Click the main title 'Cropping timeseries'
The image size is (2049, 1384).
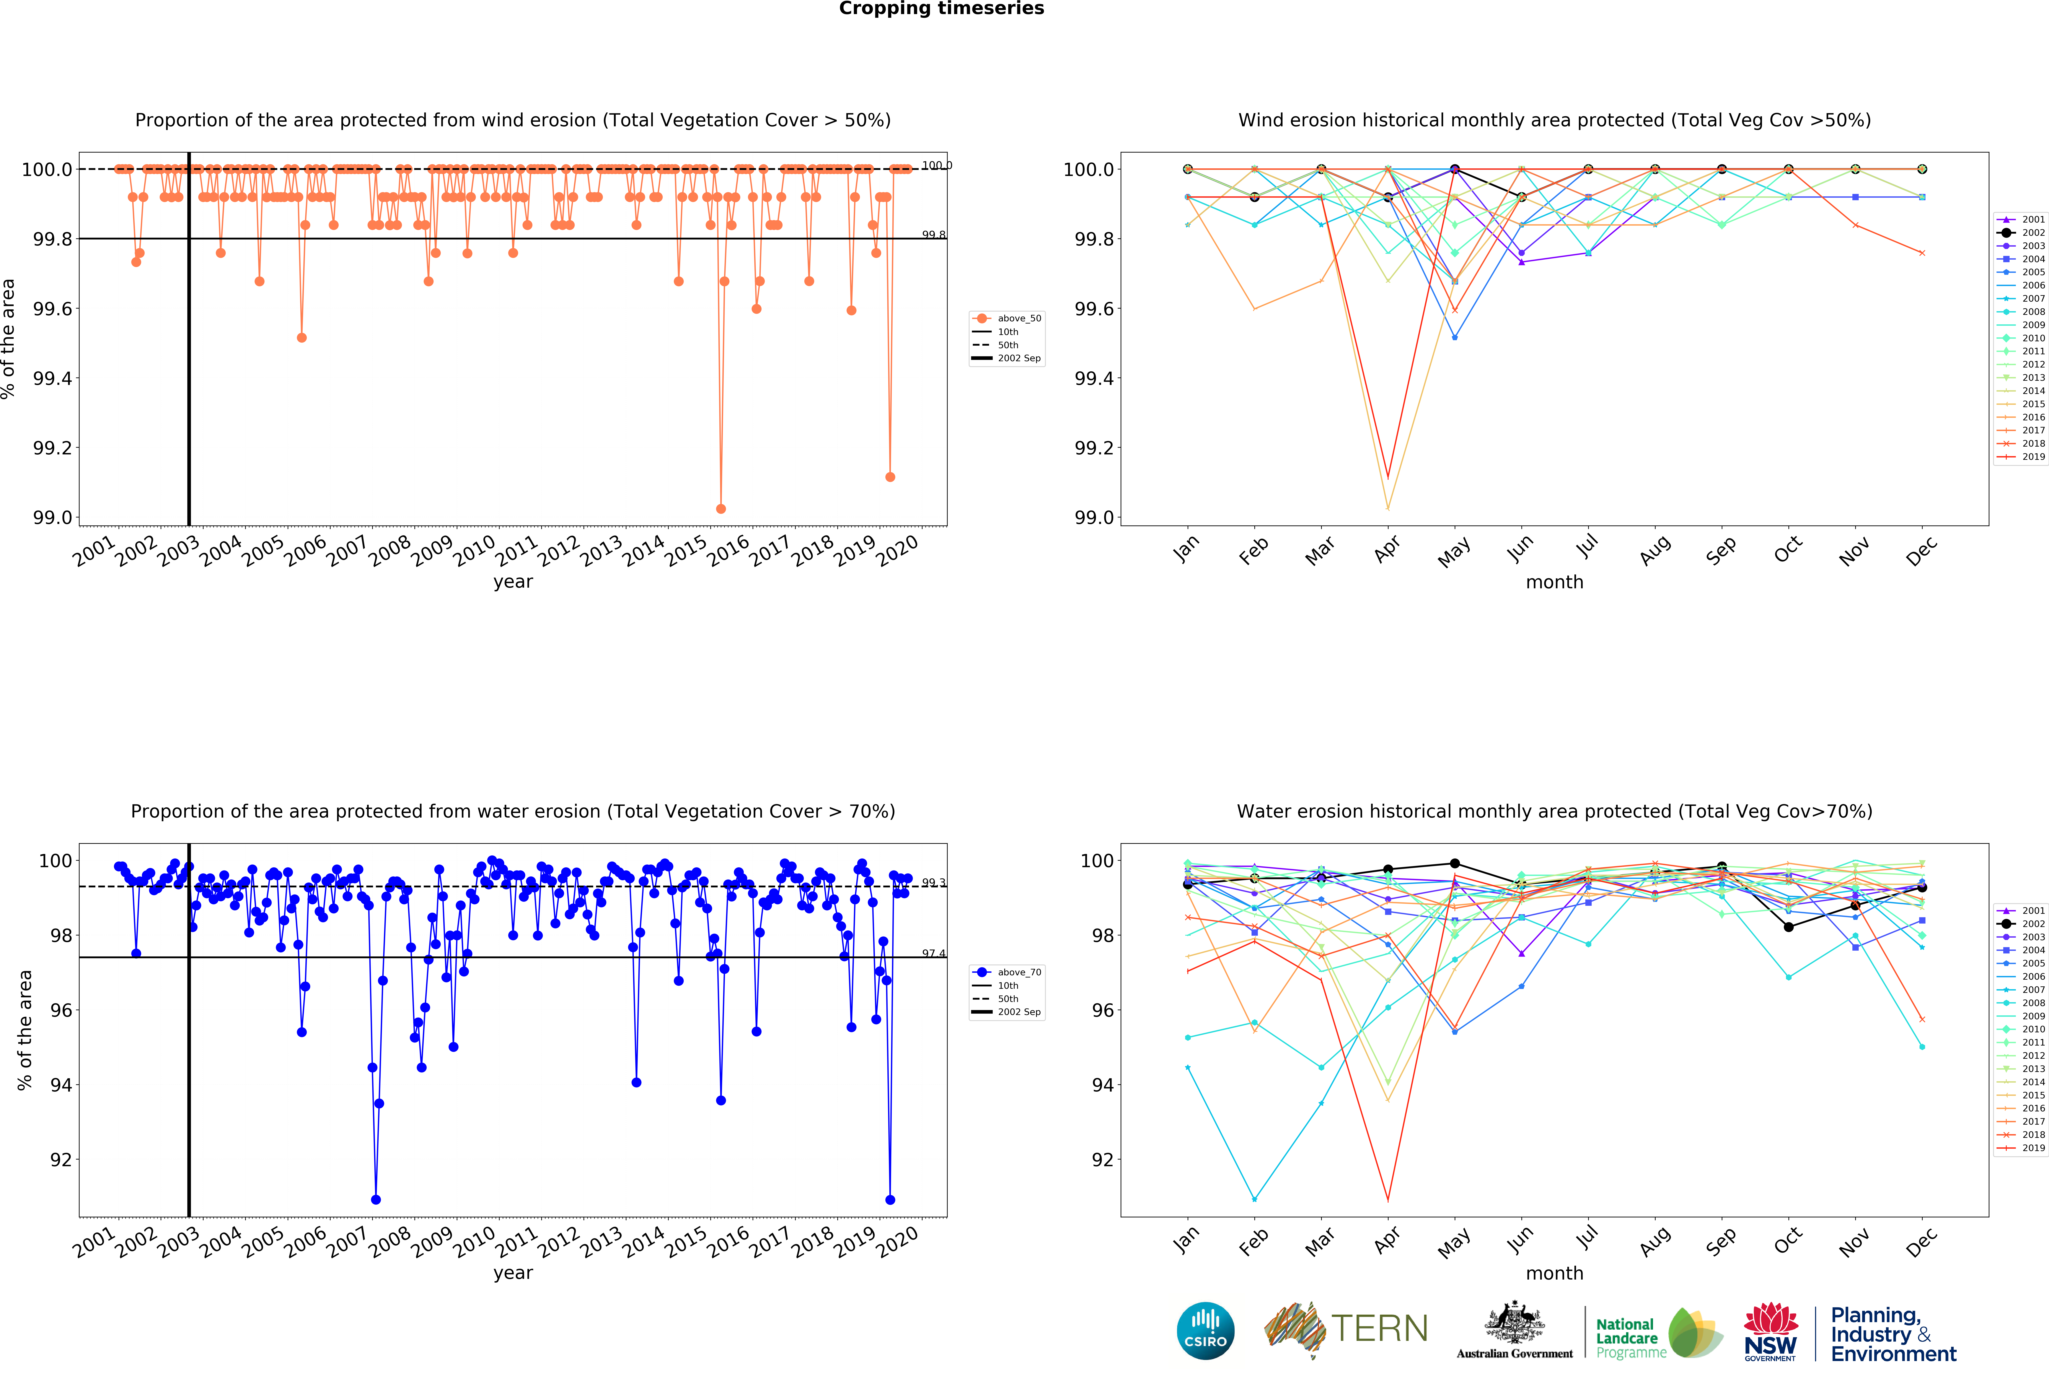point(941,9)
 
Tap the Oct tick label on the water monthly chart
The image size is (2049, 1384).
point(1787,1240)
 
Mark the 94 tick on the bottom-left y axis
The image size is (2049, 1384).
point(61,1085)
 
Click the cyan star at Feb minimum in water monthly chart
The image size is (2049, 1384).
point(1255,1199)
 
